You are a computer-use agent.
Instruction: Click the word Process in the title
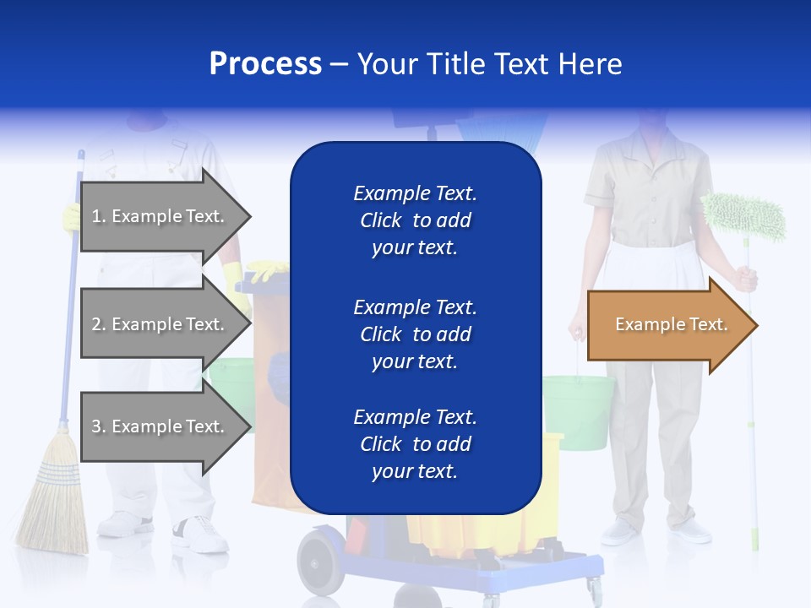pyautogui.click(x=265, y=64)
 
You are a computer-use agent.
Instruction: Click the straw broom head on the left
pyautogui.click(x=53, y=507)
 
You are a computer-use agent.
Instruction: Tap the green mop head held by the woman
pyautogui.click(x=744, y=216)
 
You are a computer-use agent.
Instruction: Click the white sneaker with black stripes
pyautogui.click(x=200, y=534)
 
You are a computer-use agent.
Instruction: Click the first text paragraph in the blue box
pyautogui.click(x=415, y=220)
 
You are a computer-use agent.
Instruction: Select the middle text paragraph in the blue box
pyautogui.click(x=415, y=334)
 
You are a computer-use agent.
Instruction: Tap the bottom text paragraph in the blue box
pyautogui.click(x=415, y=444)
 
